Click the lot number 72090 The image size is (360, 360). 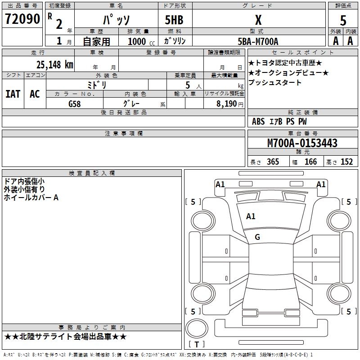22,19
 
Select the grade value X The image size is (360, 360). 258,20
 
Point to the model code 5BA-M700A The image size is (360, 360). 258,41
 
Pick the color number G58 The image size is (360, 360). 74,103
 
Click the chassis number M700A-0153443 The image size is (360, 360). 302,143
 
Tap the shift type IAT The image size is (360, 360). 13,94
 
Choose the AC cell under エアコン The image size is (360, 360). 35,94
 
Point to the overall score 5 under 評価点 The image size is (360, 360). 343,20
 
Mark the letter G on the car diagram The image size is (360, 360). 257,237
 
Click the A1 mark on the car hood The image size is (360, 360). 251,216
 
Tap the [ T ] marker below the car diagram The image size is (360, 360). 197,344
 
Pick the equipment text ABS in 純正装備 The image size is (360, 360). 258,121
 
